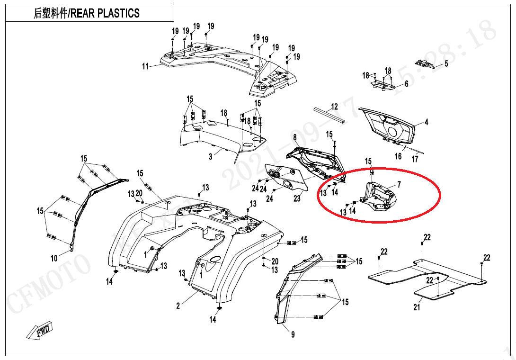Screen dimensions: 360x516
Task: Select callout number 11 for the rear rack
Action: (x=145, y=66)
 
